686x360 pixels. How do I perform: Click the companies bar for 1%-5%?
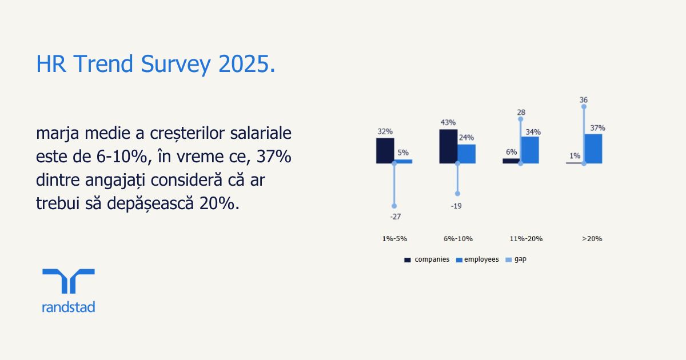point(385,151)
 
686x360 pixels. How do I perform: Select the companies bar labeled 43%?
point(448,146)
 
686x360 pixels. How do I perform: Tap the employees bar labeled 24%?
point(466,154)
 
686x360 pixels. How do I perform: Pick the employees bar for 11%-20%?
point(530,150)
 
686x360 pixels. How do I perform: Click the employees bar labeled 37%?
point(593,149)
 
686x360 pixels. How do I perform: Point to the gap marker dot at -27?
point(394,206)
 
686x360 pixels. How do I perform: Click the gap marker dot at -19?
point(457,194)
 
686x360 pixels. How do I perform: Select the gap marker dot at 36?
point(584,106)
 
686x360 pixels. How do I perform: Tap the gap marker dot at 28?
point(521,119)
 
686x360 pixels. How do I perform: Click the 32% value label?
point(385,131)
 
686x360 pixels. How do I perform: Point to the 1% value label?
point(575,156)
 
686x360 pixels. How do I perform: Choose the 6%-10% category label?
point(458,239)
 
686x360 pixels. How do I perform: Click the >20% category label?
point(592,239)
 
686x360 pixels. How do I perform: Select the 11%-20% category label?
point(526,239)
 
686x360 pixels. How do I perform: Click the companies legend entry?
point(427,259)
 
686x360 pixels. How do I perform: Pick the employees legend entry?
point(477,259)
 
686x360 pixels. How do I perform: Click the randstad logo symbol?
point(69,281)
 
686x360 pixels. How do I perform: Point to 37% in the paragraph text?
point(274,157)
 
